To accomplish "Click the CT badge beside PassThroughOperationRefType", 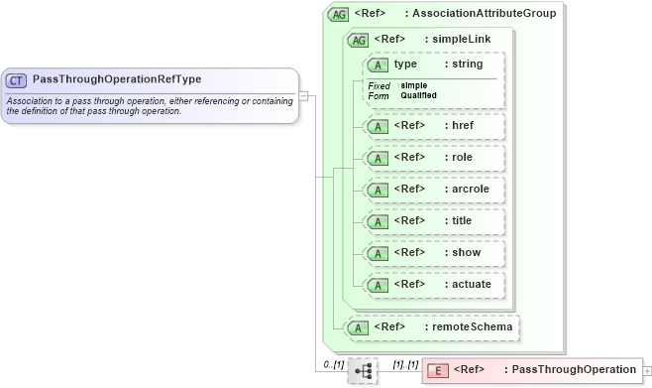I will pos(17,79).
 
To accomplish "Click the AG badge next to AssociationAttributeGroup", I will pos(339,14).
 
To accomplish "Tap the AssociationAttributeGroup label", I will pos(489,14).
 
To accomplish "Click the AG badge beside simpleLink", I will pos(357,40).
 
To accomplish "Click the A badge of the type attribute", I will pos(378,65).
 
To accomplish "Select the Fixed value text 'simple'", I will pos(414,85).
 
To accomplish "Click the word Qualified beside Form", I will pos(418,95).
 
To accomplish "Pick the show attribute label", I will pos(462,252).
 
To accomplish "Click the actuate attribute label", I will pos(468,284).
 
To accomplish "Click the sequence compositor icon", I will pos(364,371).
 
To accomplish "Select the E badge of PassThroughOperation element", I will pos(437,370).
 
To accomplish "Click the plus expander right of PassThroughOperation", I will pos(647,370).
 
